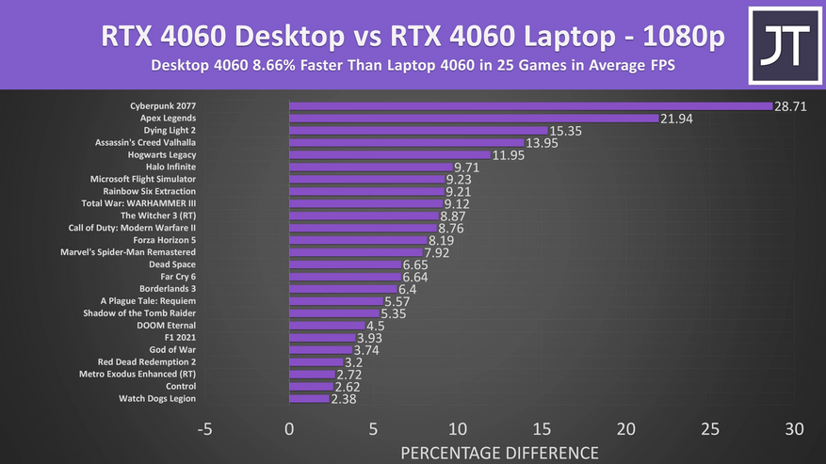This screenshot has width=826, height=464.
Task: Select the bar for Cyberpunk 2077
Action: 530,105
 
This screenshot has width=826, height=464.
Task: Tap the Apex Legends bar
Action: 474,118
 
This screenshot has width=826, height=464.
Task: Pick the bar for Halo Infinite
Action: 371,167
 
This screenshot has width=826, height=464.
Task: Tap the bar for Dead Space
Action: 345,264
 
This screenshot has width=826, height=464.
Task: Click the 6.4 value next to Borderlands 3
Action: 408,289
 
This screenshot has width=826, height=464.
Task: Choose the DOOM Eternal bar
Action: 327,326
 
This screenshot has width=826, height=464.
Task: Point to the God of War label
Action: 172,349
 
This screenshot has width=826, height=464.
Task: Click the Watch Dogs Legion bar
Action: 309,398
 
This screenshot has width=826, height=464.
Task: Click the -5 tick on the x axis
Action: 204,429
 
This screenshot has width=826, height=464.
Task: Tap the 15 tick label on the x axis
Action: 541,429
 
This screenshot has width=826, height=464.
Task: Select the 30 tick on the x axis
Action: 794,429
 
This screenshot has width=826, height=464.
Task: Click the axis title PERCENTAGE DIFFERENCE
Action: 498,453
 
